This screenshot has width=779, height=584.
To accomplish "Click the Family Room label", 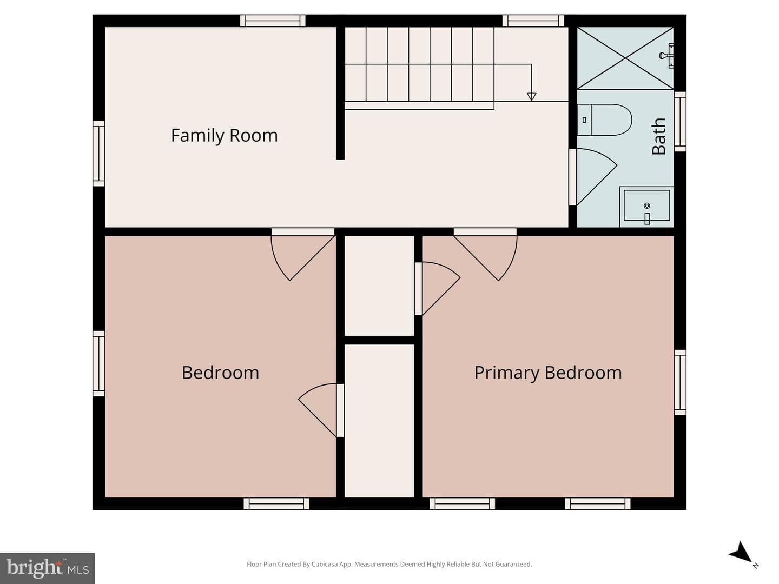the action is [224, 135].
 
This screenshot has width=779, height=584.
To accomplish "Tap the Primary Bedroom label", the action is [548, 373].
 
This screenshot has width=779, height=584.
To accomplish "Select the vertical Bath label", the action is [659, 136].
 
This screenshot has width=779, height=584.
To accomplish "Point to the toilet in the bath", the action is [604, 120].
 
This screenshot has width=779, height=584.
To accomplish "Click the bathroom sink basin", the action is [646, 205].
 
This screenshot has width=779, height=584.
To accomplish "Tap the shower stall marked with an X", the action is [625, 58].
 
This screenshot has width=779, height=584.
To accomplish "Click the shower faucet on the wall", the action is [667, 55].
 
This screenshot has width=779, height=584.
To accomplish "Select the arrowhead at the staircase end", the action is [531, 96].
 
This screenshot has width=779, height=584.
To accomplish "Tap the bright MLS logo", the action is [48, 568].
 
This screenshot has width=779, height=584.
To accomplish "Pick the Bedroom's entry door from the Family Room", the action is [303, 255].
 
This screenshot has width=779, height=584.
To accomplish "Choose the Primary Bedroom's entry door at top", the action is [485, 255].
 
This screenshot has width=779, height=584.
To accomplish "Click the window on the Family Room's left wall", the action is [99, 154].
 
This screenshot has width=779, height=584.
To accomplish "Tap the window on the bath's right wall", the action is [680, 122].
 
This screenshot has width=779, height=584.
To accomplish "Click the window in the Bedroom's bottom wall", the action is [276, 503].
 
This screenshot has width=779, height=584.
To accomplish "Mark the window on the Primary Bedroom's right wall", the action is [680, 382].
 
